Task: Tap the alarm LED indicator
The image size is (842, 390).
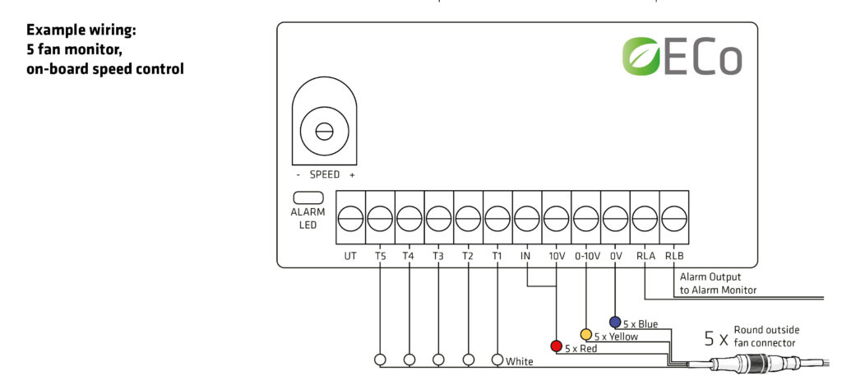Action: coord(308,197)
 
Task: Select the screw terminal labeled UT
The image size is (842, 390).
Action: coord(350,218)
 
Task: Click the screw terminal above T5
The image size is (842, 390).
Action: coord(380,218)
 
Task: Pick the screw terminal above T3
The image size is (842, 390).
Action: coord(438,218)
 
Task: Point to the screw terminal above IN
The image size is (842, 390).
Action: coord(527,218)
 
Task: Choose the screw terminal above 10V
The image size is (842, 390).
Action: coord(557,218)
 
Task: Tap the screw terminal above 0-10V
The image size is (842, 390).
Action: coord(586,218)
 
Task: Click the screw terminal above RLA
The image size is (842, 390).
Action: coord(645,218)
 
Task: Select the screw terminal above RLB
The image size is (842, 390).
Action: coord(674,218)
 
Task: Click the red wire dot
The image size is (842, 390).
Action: coord(557,345)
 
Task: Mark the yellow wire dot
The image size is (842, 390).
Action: coord(586,334)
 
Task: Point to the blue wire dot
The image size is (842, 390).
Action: coord(615,321)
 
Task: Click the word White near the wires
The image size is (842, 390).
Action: coord(519,361)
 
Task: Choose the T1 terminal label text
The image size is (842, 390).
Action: coord(497,256)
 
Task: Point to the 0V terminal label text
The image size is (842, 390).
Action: coord(615,256)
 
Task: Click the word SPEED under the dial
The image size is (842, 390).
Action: coord(324,174)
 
